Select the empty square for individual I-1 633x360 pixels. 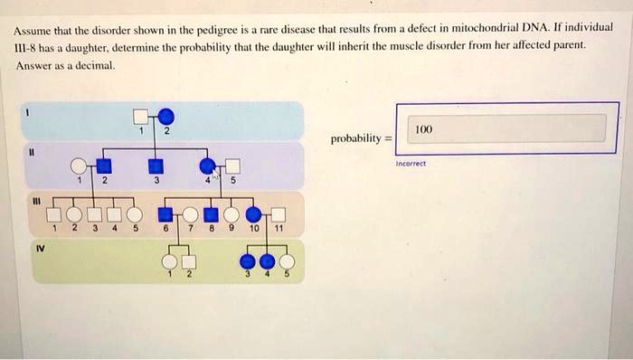141,116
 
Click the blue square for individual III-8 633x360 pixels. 210,215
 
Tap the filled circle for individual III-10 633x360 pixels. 255,215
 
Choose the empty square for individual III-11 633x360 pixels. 279,215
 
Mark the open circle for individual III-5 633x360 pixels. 135,215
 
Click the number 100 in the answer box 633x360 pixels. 424,129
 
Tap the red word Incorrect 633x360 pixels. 412,164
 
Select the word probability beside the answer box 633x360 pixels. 354,139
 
